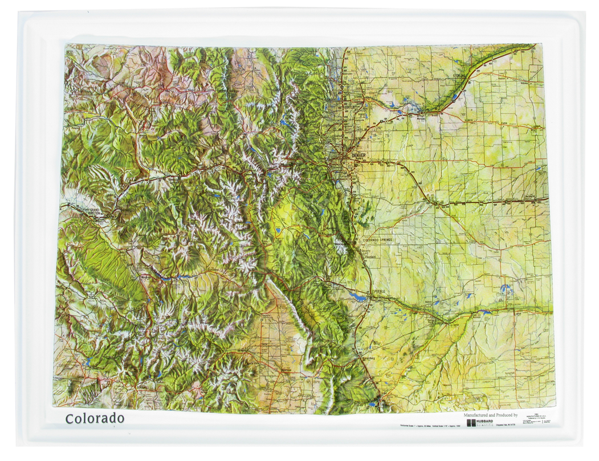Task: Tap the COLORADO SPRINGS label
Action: [381, 240]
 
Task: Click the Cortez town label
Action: [79, 381]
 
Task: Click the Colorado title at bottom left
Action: [94, 418]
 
